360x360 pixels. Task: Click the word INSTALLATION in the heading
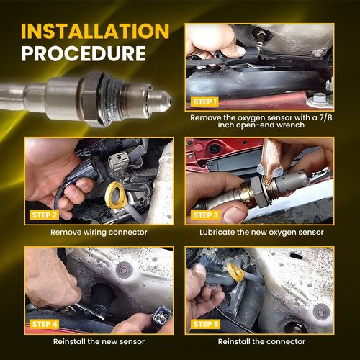pyautogui.click(x=95, y=31)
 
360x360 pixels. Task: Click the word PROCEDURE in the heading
pyautogui.click(x=84, y=53)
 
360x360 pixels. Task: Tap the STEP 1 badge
pyautogui.click(x=204, y=102)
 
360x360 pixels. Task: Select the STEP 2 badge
pyautogui.click(x=44, y=215)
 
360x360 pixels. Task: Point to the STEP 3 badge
pyautogui.click(x=205, y=215)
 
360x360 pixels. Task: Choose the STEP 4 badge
pyautogui.click(x=44, y=324)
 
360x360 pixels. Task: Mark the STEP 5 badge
pyautogui.click(x=205, y=324)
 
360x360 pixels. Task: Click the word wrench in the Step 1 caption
pyautogui.click(x=290, y=125)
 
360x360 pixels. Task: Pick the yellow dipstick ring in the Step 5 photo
pyautogui.click(x=235, y=272)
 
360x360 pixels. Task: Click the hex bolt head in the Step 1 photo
pyautogui.click(x=318, y=101)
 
